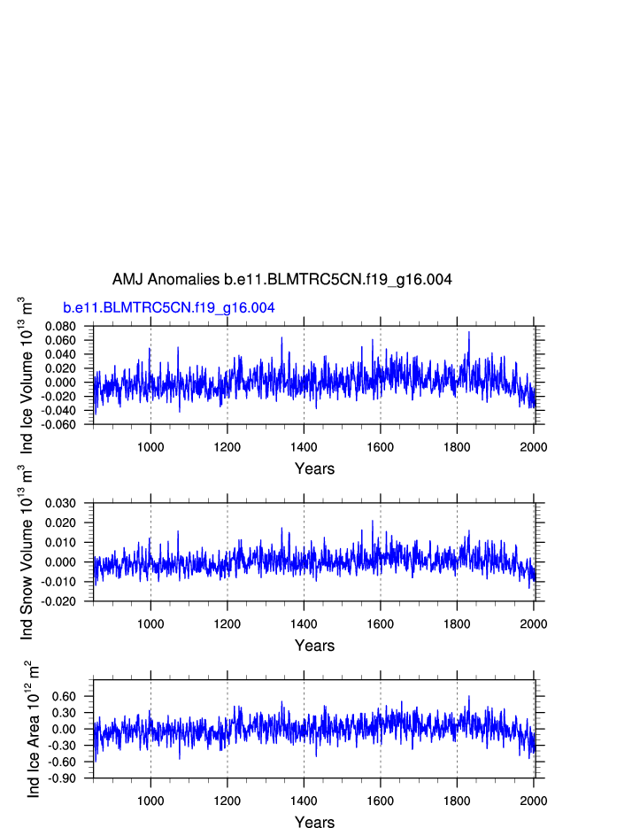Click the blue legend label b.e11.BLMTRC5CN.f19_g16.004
(168, 308)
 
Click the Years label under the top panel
(314, 468)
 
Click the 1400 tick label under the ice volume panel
(304, 445)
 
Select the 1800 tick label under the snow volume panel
(457, 623)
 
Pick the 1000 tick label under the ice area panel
(150, 800)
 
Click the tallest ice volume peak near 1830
(468, 332)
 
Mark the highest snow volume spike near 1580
(373, 521)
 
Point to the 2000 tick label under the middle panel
(533, 623)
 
